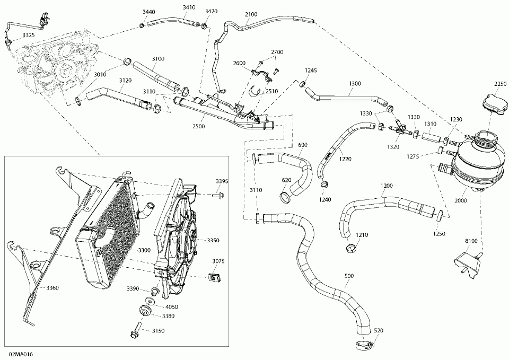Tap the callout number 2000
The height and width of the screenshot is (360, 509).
tap(460, 200)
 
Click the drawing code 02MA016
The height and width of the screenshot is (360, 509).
tap(21, 354)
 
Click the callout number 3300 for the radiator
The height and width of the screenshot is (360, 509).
tap(144, 250)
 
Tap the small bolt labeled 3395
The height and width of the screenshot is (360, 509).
tap(220, 196)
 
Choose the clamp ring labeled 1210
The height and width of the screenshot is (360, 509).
tap(350, 249)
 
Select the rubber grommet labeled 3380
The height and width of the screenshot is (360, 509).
tap(144, 310)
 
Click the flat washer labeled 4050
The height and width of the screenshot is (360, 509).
tap(150, 301)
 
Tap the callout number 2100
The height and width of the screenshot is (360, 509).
tap(251, 14)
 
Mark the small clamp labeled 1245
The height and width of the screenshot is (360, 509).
tap(302, 84)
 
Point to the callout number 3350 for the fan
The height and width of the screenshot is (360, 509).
tap(213, 241)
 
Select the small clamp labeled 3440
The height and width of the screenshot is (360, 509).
tap(142, 25)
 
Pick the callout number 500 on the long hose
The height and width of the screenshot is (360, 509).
tap(349, 276)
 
